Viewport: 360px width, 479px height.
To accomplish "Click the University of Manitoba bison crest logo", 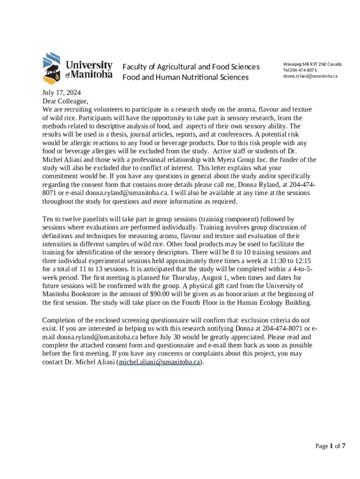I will [x=51, y=67].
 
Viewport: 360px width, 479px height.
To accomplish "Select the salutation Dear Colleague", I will [x=65, y=101].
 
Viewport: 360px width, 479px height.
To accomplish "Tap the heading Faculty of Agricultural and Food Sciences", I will [x=191, y=67].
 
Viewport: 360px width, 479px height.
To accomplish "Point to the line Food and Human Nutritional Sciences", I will [x=185, y=77].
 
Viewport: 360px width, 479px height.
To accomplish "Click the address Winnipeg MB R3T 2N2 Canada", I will [x=312, y=64].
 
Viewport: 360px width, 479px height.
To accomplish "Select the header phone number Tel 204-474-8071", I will [x=300, y=70].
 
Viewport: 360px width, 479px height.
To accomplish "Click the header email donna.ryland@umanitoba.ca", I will [x=310, y=76].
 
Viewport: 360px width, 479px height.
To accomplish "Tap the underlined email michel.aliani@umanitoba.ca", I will [x=160, y=362].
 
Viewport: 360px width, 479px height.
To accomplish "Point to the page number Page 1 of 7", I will [x=330, y=446].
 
